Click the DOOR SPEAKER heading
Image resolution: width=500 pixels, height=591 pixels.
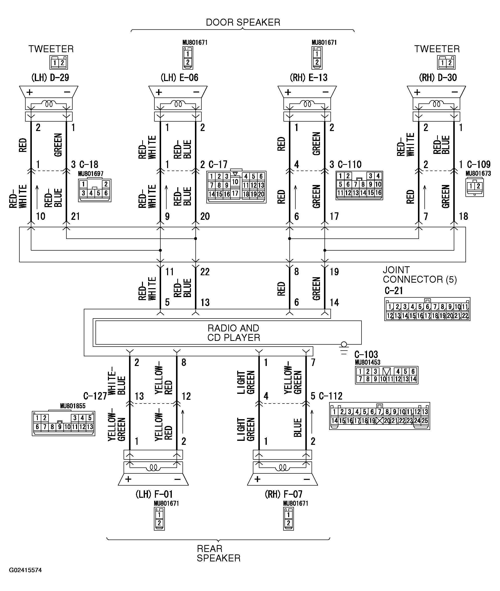pyautogui.click(x=243, y=22)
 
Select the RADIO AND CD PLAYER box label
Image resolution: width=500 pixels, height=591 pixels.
pyautogui.click(x=233, y=333)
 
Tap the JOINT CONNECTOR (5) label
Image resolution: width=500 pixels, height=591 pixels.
pyautogui.click(x=420, y=275)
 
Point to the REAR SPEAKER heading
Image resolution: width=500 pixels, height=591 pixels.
pyautogui.click(x=219, y=553)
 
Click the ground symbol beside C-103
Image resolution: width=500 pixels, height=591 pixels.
pyautogui.click(x=344, y=348)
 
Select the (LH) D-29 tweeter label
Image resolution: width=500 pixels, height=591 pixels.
pyautogui.click(x=50, y=78)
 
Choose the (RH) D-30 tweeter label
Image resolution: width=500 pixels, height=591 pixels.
pyautogui.click(x=438, y=78)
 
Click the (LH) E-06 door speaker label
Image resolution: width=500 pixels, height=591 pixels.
pyautogui.click(x=180, y=78)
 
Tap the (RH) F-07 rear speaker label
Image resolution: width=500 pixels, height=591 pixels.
pyautogui.click(x=283, y=494)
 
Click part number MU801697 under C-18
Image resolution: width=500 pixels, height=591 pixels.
pyautogui.click(x=91, y=174)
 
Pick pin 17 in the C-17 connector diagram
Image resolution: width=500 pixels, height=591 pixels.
pyautogui.click(x=235, y=193)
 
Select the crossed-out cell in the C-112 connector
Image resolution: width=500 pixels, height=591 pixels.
pyautogui.click(x=379, y=421)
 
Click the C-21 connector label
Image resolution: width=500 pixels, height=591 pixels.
pyautogui.click(x=394, y=291)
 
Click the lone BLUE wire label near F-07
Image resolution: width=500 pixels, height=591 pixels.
pyautogui.click(x=297, y=428)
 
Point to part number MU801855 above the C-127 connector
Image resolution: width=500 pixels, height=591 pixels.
pyautogui.click(x=73, y=406)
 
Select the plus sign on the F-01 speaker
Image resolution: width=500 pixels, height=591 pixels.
pyautogui.click(x=128, y=479)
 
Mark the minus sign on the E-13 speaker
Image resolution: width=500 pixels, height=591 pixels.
pyautogui.click(x=325, y=92)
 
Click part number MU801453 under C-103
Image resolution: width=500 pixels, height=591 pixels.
pyautogui.click(x=368, y=362)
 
